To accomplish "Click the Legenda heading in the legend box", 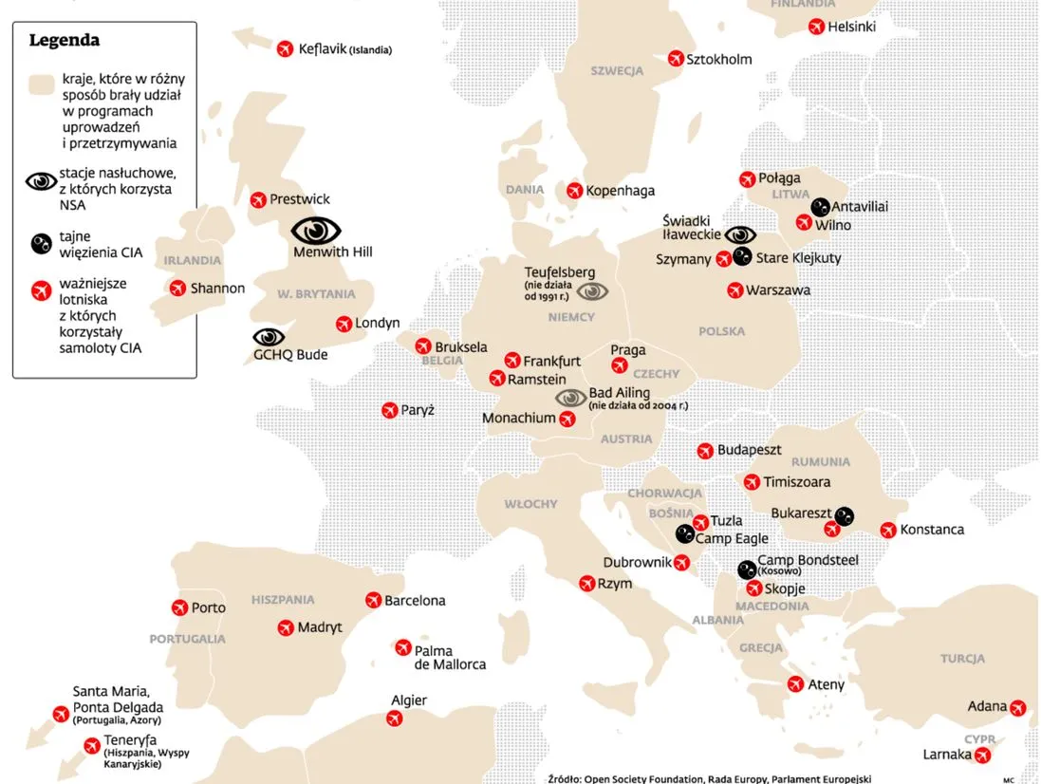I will click(x=64, y=41).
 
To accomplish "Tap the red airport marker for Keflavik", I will click(x=284, y=48).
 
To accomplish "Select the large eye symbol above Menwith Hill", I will click(x=316, y=231).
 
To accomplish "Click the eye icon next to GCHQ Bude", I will click(x=269, y=337).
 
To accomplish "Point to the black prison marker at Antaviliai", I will click(x=820, y=207).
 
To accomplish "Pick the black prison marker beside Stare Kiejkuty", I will click(x=743, y=256).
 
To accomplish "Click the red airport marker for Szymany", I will click(x=724, y=259).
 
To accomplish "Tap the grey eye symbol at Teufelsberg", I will click(x=592, y=291).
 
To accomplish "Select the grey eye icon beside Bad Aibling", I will click(x=570, y=399).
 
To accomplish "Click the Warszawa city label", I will click(x=778, y=290).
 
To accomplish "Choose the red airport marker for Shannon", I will click(x=177, y=288).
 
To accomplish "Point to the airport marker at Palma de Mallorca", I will click(x=402, y=648).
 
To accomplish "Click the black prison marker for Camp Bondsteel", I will click(x=747, y=569).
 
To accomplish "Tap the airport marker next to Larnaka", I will click(x=983, y=755).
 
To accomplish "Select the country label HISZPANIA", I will click(x=283, y=600).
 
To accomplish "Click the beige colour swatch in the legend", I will click(x=41, y=84).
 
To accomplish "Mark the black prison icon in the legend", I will click(x=41, y=244).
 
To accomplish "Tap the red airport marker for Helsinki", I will click(x=815, y=28).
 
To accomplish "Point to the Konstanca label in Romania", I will click(x=932, y=530).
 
